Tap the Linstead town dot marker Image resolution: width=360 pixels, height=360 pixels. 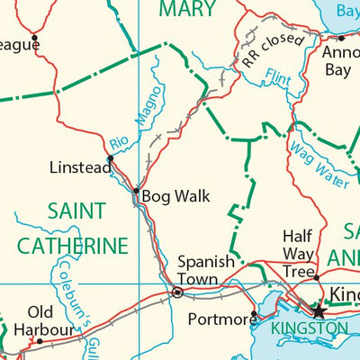[x=110, y=158]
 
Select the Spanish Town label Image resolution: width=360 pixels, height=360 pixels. [x=205, y=269]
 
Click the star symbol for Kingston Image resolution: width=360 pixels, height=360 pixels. [x=317, y=310]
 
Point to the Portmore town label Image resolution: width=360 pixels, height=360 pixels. [x=217, y=319]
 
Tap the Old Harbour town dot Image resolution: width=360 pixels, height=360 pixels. [x=39, y=341]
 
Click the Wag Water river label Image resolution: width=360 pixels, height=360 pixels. [x=318, y=161]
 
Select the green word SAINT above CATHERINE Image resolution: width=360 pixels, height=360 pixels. [x=76, y=211]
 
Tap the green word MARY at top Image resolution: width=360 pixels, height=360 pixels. [x=186, y=10]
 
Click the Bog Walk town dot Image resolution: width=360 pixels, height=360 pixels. [x=136, y=191]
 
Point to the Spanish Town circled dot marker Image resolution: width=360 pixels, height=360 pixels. [x=177, y=292]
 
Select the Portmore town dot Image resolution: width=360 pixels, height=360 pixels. [x=255, y=315]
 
